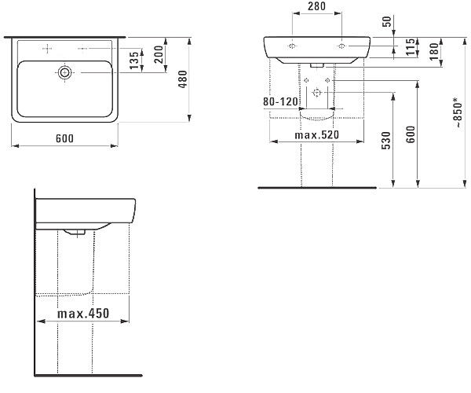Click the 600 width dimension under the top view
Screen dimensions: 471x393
click(x=64, y=138)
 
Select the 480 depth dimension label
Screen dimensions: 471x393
click(x=183, y=79)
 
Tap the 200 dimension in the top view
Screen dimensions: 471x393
click(x=159, y=54)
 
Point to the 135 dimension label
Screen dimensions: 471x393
click(x=134, y=60)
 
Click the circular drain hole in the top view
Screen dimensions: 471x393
click(x=65, y=72)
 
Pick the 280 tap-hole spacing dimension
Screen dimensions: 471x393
click(x=317, y=6)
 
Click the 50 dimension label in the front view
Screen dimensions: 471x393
click(x=388, y=21)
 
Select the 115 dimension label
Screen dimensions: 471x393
click(x=411, y=47)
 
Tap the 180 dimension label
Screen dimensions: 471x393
click(x=434, y=51)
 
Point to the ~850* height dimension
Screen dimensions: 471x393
click(x=458, y=112)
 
